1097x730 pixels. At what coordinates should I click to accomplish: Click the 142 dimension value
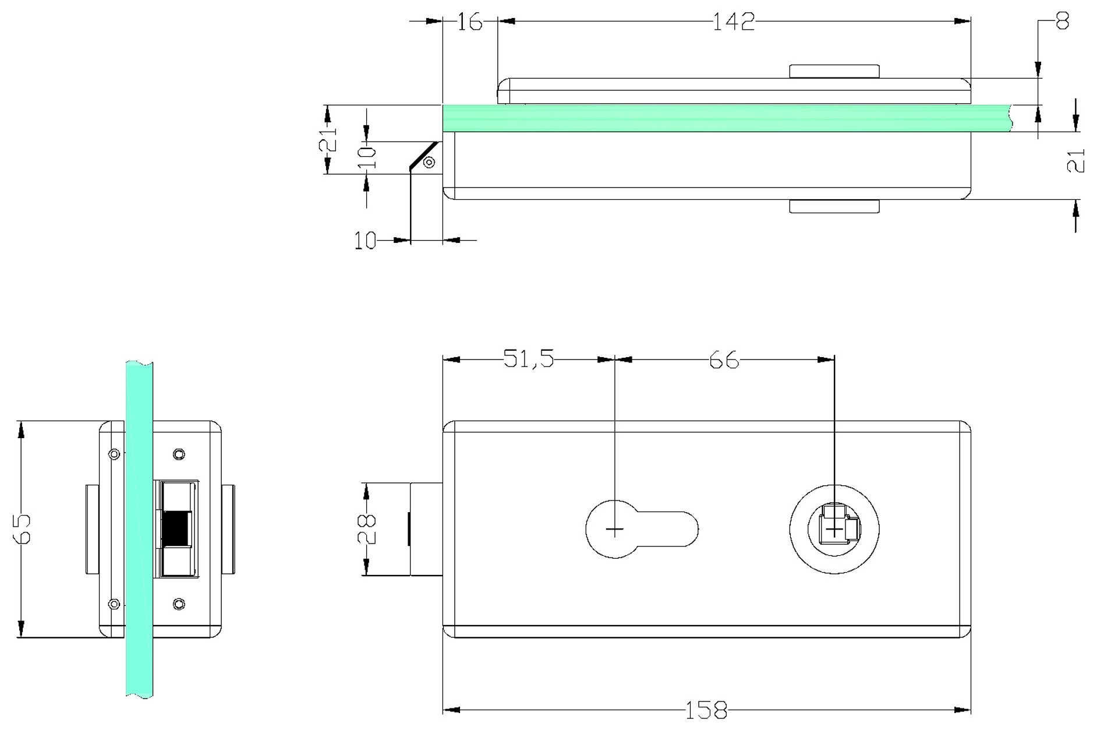pos(734,22)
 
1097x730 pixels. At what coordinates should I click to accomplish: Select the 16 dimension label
pos(469,22)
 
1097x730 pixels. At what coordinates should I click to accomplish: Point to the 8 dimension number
pos(1062,22)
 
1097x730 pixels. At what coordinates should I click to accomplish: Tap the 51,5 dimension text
pos(529,359)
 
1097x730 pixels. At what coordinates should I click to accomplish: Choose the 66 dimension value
pos(724,361)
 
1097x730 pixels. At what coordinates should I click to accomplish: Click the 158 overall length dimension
pos(706,710)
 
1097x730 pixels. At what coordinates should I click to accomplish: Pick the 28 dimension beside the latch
pos(367,529)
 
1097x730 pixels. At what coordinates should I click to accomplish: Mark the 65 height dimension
pos(22,528)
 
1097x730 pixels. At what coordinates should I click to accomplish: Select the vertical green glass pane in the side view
pos(139,529)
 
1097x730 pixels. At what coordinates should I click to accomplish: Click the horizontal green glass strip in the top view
pos(728,118)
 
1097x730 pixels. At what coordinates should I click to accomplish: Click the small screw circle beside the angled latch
pos(429,163)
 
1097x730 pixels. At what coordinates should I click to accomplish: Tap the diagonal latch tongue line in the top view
pos(424,156)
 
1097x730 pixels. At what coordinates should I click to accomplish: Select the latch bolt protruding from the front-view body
pos(426,529)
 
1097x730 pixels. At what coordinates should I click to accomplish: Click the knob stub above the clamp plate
pos(834,71)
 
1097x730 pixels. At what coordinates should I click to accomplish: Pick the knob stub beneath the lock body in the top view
pos(834,206)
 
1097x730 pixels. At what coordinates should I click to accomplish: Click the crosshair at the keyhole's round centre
pos(615,529)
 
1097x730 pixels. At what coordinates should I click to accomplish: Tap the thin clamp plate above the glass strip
pos(734,91)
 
